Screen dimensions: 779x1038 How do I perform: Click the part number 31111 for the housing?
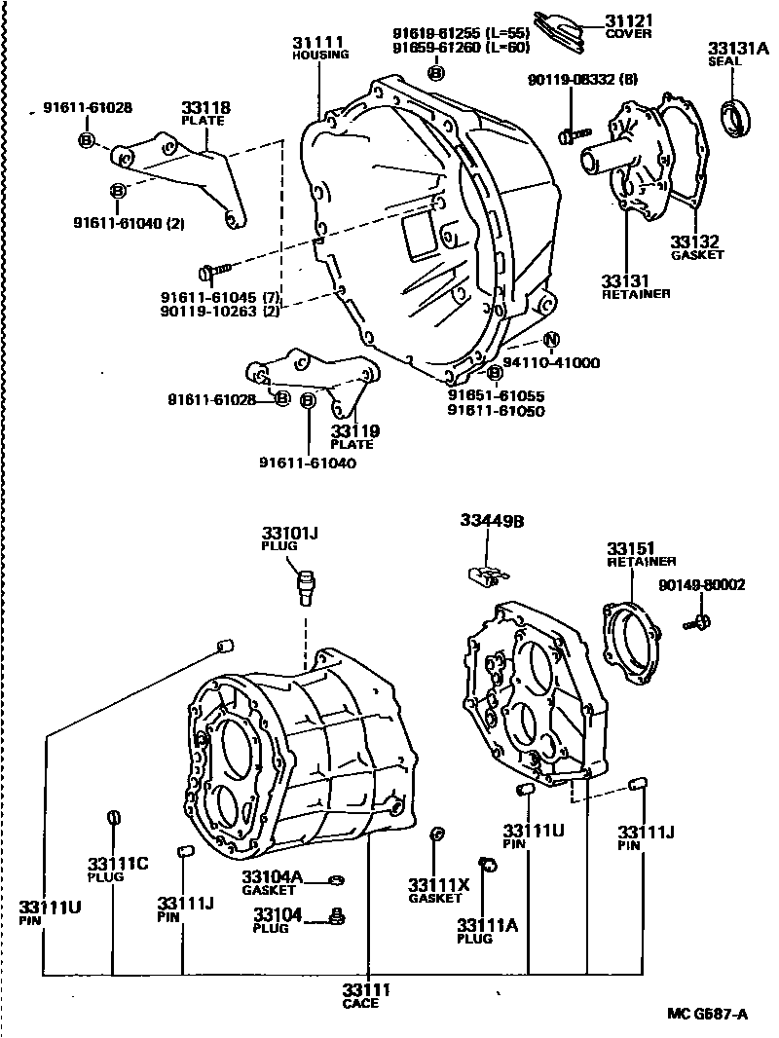point(317,42)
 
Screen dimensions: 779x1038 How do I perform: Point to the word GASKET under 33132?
point(697,255)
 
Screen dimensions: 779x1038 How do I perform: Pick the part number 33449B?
point(492,521)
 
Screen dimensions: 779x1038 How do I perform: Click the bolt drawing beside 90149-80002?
point(700,620)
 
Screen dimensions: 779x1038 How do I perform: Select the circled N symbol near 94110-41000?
point(551,340)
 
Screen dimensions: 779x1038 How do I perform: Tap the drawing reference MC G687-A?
point(707,1014)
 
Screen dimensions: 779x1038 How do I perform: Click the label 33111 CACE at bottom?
point(366,996)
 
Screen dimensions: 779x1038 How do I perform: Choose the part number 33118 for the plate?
point(203,107)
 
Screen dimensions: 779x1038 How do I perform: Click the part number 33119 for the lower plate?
point(353,430)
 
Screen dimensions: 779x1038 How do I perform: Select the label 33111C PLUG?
point(117,870)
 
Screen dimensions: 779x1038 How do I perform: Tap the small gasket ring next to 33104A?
point(337,881)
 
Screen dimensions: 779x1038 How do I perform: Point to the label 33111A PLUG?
point(488,931)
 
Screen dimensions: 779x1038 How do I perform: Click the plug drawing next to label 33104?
point(337,916)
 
